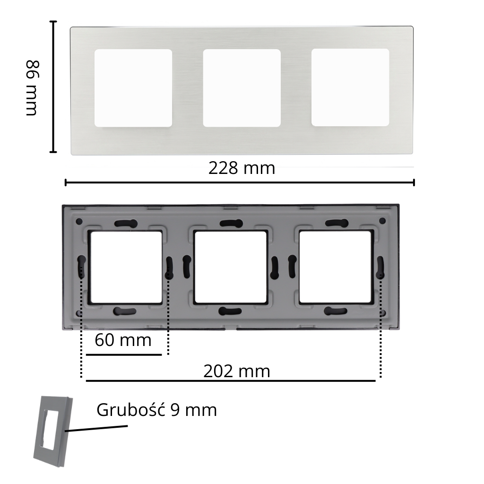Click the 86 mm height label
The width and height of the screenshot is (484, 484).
(32, 88)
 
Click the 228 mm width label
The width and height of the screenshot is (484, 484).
(242, 168)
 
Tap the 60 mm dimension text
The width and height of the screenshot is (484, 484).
(123, 340)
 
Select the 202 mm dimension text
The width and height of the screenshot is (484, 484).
(237, 372)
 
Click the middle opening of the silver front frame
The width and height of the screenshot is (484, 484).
(242, 88)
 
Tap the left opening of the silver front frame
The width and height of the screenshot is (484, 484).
(133, 88)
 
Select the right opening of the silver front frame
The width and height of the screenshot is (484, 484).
(350, 87)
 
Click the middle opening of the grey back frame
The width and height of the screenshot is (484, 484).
(231, 267)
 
